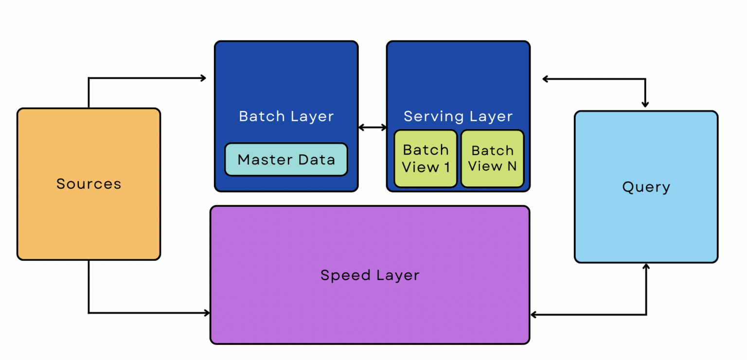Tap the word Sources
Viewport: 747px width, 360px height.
(x=89, y=184)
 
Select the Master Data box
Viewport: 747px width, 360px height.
(x=286, y=159)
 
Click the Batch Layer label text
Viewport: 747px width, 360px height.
(x=286, y=116)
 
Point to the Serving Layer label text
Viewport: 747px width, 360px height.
(x=458, y=116)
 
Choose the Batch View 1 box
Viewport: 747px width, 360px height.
(x=426, y=159)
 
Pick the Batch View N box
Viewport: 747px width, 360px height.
(x=492, y=159)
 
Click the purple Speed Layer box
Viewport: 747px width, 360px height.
(x=370, y=311)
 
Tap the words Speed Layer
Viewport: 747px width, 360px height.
(x=370, y=275)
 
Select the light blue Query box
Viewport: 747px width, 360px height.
(x=646, y=224)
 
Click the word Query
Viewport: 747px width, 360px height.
(x=646, y=187)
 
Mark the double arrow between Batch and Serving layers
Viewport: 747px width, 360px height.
(x=373, y=127)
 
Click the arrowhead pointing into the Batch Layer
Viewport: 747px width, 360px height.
(x=203, y=78)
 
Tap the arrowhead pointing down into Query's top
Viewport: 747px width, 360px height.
(x=645, y=104)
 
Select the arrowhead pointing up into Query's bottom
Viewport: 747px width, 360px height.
(x=646, y=267)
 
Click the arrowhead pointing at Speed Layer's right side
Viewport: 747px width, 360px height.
(x=534, y=315)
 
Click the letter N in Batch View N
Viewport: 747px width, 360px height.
(x=512, y=166)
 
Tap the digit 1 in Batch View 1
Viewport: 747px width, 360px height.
(x=446, y=167)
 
